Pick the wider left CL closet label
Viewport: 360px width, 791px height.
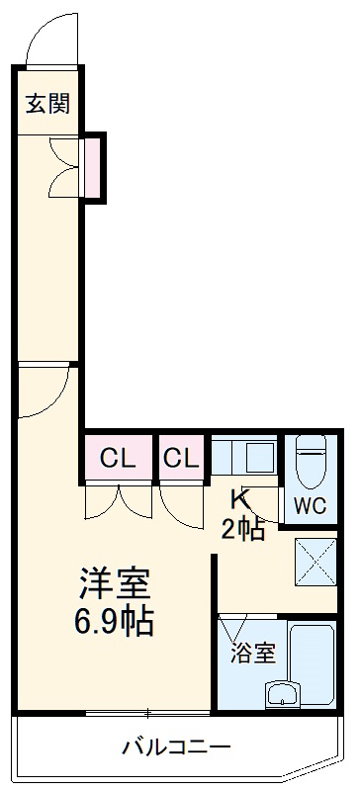coord(119,458)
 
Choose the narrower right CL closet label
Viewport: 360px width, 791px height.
coord(181,458)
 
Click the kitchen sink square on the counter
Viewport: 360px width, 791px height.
coord(259,458)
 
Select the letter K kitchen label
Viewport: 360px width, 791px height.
coord(240,498)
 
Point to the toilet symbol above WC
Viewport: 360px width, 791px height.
coord(313,459)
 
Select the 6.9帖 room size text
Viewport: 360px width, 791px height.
coord(115,622)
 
